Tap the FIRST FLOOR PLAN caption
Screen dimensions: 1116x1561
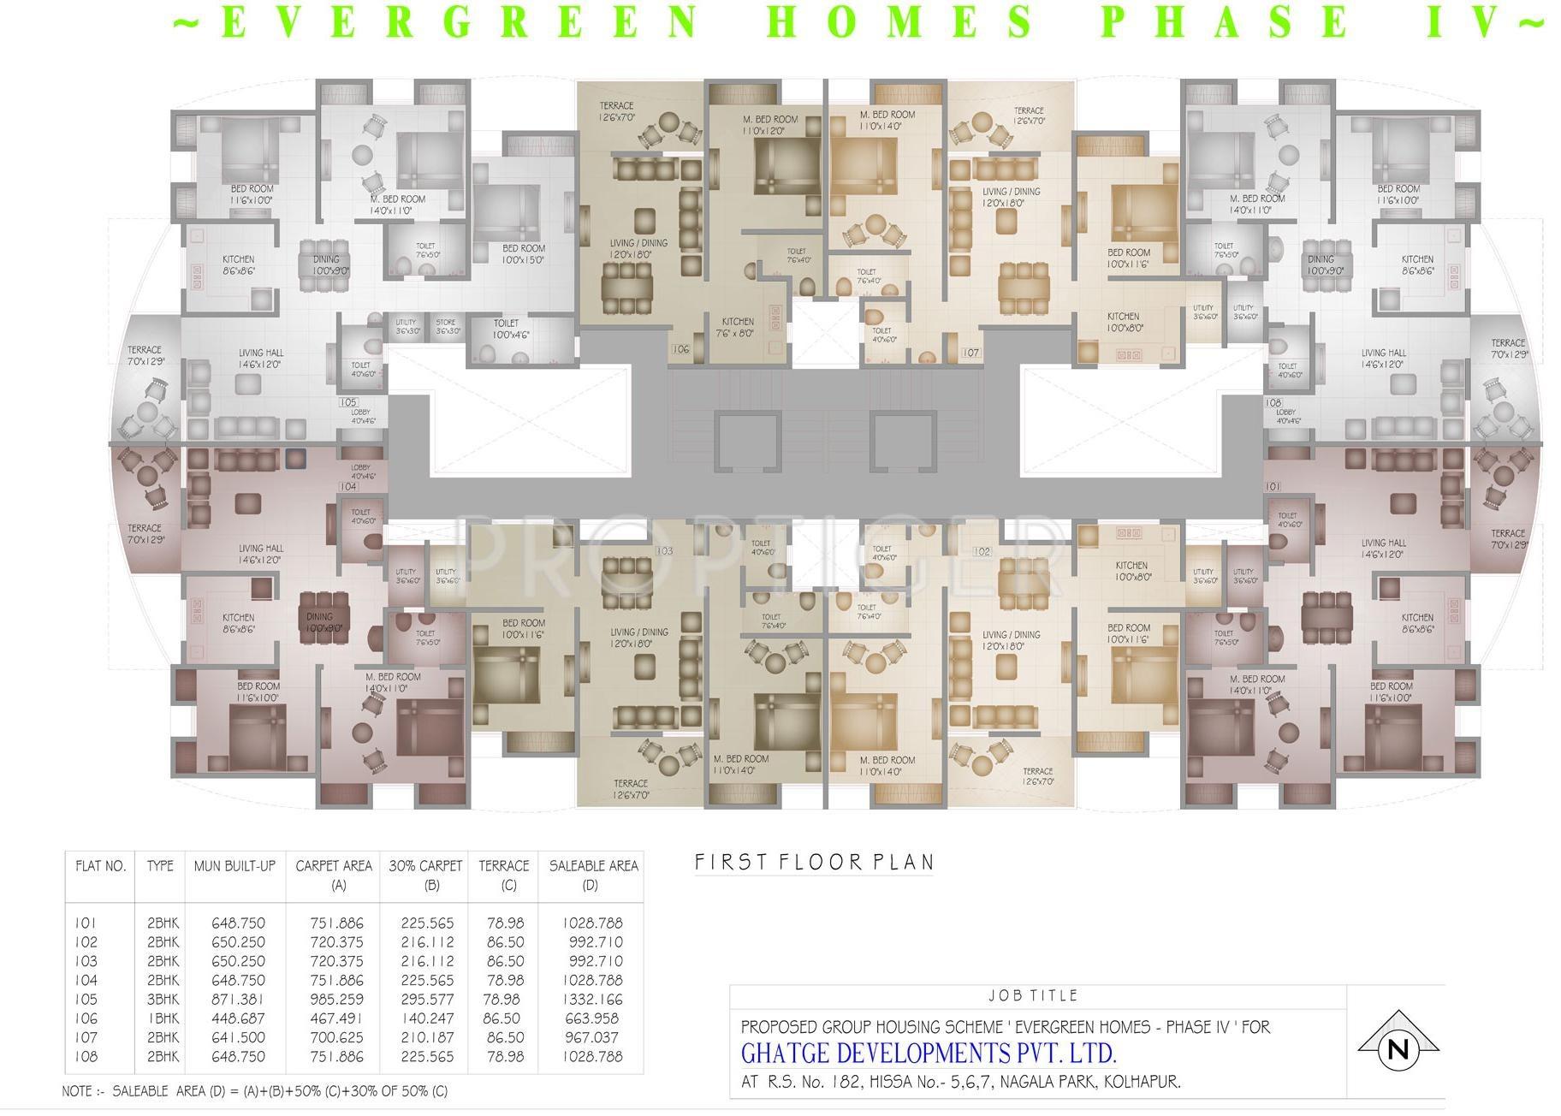tap(813, 862)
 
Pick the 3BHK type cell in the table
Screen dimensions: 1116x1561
tap(163, 1000)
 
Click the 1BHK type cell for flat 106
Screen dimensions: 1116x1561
tap(163, 1018)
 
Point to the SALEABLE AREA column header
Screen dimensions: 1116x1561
tap(593, 866)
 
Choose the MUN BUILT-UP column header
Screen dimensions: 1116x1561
tap(234, 866)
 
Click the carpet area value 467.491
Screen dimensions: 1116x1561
tap(336, 1018)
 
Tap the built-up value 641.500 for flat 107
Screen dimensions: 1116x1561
tap(238, 1037)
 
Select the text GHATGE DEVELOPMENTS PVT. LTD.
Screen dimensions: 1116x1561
tap(929, 1052)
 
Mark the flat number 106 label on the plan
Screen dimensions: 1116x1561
tap(680, 349)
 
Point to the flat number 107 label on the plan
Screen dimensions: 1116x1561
tap(970, 353)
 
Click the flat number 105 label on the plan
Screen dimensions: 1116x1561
tap(347, 402)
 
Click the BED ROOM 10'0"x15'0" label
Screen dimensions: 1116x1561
tap(524, 254)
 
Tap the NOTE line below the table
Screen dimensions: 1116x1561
tap(254, 1091)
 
